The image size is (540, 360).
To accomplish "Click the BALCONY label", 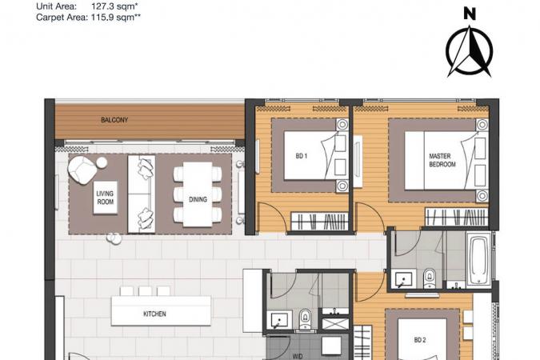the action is [x=114, y=120].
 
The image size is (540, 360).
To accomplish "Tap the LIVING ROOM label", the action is [x=105, y=198].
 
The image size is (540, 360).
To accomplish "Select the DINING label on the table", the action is [x=198, y=199].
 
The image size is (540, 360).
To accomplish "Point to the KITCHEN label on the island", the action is [x=154, y=314].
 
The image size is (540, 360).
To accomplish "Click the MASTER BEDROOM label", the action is [x=442, y=160].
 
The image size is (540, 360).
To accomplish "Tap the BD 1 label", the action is [x=302, y=156].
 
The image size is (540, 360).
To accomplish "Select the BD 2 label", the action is [x=420, y=340].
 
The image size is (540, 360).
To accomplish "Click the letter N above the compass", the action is [x=470, y=14].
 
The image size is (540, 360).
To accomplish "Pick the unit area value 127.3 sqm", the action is [x=115, y=6].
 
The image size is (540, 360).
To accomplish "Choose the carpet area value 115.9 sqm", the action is [x=116, y=18].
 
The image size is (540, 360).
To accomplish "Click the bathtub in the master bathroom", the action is [x=478, y=259].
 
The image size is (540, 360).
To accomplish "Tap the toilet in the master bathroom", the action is [x=429, y=278].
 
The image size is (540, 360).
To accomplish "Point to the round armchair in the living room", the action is [x=82, y=170].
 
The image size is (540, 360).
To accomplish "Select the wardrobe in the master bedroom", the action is [x=457, y=217].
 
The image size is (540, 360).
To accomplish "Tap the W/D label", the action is [x=298, y=356].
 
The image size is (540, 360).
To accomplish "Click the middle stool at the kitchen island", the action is [x=145, y=290].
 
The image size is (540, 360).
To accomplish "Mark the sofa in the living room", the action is [x=141, y=194].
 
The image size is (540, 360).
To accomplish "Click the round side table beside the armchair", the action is [x=102, y=162].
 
